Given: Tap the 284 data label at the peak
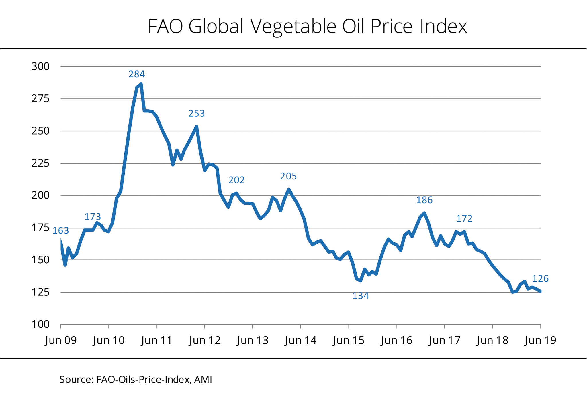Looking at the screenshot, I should tap(137, 74).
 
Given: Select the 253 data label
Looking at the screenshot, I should tap(197, 114).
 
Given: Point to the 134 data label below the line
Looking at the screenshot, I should tap(360, 296).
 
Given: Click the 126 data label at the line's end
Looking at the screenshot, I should tap(540, 279).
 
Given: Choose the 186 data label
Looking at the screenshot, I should tap(424, 200).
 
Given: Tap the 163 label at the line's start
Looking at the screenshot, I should tap(61, 231).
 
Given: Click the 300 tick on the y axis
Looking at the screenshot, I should tap(40, 66).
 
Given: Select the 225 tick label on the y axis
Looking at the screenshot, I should tap(40, 163).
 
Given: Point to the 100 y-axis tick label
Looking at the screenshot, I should tap(40, 325).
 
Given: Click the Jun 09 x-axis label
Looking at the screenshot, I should tap(61, 341).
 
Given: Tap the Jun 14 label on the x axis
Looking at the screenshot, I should tap(300, 341).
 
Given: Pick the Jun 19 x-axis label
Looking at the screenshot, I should tap(540, 341).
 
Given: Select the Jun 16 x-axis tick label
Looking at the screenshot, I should tap(396, 341).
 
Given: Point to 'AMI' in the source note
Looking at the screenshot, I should tap(203, 380).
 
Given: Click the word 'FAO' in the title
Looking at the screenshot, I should tap(165, 27).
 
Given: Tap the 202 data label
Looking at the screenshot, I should tap(236, 180).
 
